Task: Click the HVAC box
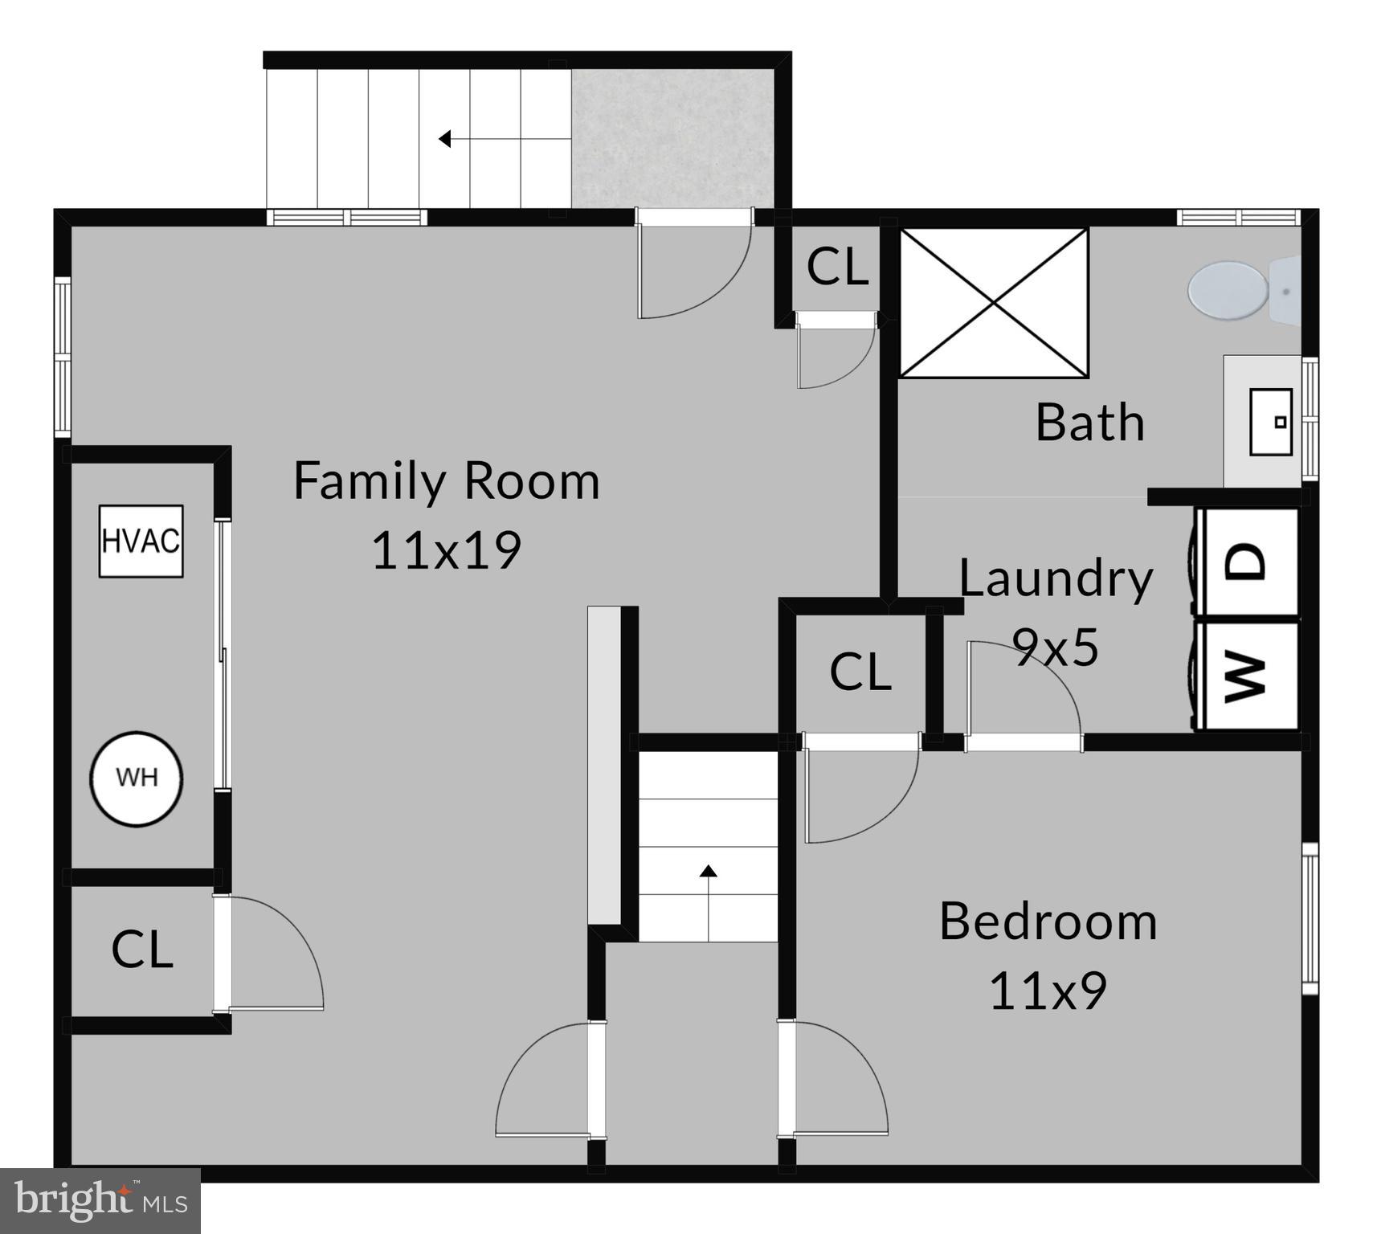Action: tap(141, 541)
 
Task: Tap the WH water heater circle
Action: tap(137, 778)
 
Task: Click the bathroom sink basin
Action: tap(1271, 422)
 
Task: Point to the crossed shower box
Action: tap(994, 303)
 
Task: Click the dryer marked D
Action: tap(1247, 562)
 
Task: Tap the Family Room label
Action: tap(447, 480)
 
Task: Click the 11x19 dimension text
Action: tap(447, 550)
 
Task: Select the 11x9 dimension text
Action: tap(1048, 991)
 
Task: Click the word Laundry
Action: tap(1056, 578)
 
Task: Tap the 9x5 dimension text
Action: tap(1056, 647)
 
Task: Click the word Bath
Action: tap(1089, 422)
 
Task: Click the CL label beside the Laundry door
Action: tap(860, 672)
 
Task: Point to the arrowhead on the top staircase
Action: tap(444, 139)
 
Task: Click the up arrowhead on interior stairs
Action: tap(708, 871)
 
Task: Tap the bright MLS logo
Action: tap(100, 1201)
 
